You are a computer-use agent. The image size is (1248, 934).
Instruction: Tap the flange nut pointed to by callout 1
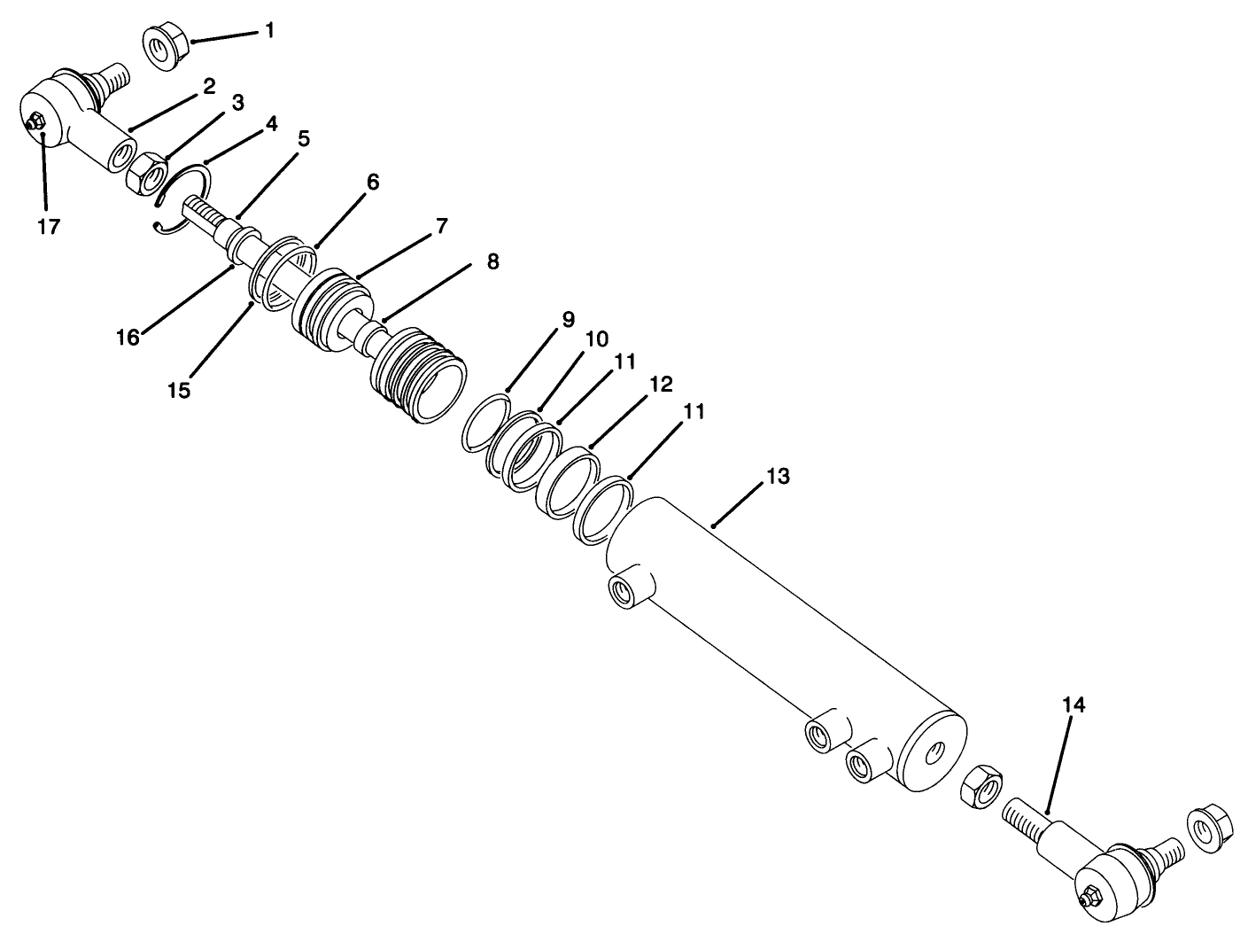click(x=161, y=50)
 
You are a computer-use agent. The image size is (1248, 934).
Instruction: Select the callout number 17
click(x=49, y=226)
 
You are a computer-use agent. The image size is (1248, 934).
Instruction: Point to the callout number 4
click(x=271, y=124)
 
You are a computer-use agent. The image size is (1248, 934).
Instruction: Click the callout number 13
click(x=778, y=477)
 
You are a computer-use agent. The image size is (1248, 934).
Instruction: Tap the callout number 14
click(x=1074, y=705)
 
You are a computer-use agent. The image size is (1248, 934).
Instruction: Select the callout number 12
click(x=660, y=385)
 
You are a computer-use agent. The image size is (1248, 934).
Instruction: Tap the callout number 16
click(x=129, y=338)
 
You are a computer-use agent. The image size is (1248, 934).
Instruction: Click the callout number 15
click(x=179, y=390)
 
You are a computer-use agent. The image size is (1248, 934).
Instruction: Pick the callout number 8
click(x=492, y=261)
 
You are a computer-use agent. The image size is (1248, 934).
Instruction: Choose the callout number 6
click(x=372, y=183)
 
